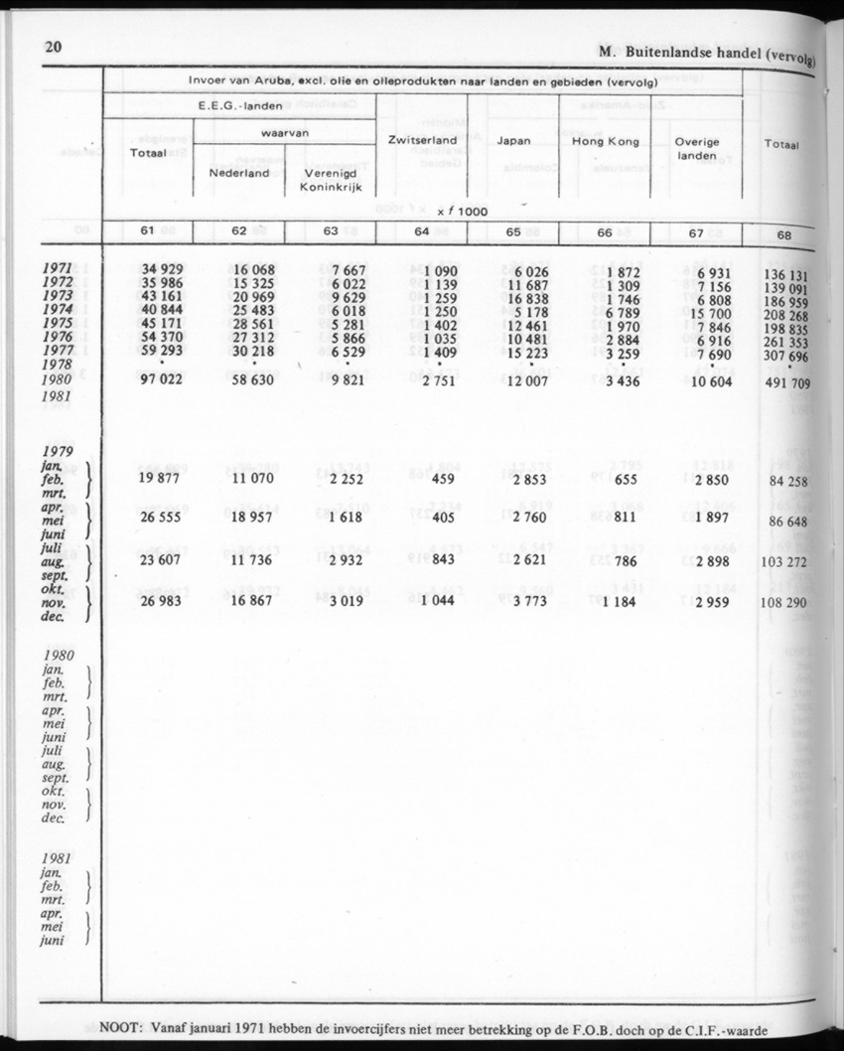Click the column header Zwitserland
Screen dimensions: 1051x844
[422, 140]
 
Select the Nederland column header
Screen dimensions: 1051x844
[238, 173]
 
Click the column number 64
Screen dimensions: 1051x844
[422, 232]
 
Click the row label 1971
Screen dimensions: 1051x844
[64, 269]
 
